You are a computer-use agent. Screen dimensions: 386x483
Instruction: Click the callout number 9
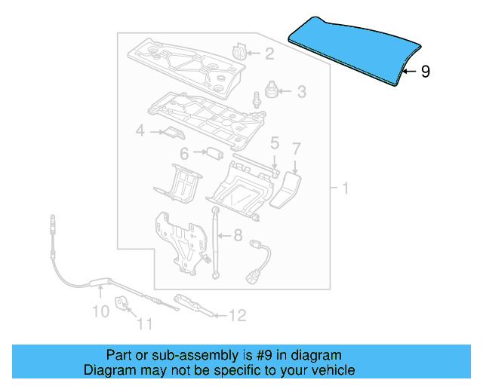point(426,72)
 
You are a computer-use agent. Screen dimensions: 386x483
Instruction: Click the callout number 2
point(269,54)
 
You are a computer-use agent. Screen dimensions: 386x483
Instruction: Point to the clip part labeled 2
point(239,51)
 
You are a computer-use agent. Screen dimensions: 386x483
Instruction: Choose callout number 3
point(301,93)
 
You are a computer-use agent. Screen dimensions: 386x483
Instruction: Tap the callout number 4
point(140,132)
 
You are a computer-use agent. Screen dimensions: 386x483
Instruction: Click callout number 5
point(275,142)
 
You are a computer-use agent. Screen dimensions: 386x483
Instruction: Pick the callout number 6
point(183,154)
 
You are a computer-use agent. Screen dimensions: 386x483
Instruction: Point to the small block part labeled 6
point(214,153)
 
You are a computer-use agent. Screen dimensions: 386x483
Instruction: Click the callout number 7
point(297,148)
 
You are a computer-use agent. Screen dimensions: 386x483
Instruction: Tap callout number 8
point(237,234)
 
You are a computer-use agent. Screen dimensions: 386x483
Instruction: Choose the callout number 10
point(100,310)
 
